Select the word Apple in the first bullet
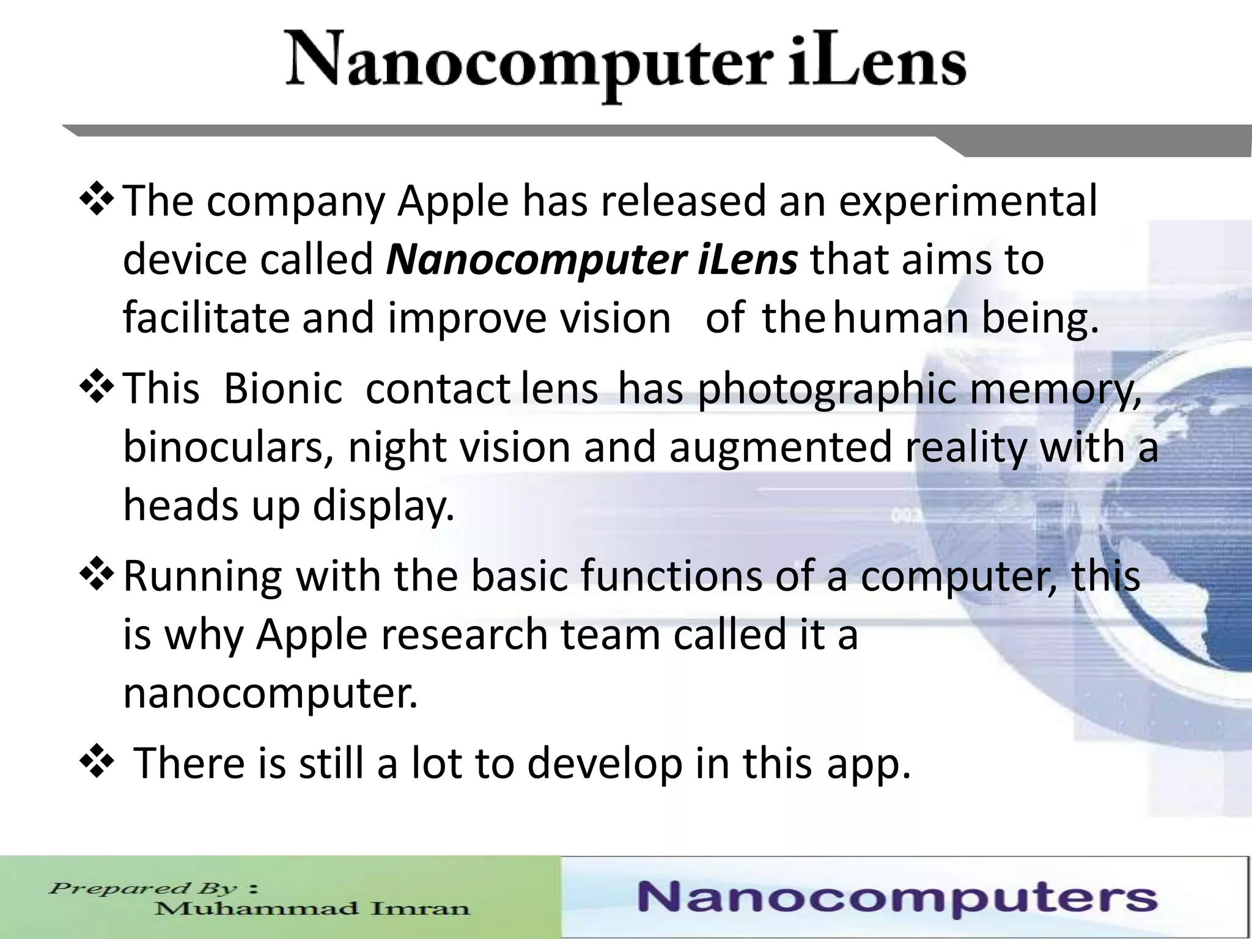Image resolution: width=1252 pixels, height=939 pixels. tap(453, 202)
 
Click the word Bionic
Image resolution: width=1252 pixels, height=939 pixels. tap(282, 389)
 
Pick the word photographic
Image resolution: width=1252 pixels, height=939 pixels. tap(826, 390)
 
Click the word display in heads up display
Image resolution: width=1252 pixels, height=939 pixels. tap(384, 506)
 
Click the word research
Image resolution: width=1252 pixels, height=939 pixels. tap(465, 635)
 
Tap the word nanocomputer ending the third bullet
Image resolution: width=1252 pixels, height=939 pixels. tap(270, 693)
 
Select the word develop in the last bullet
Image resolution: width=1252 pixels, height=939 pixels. tap(605, 764)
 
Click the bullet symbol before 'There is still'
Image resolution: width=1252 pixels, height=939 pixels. tap(96, 762)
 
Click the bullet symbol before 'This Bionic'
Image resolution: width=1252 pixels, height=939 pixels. tap(96, 388)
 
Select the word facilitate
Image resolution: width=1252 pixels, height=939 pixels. tap(205, 319)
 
